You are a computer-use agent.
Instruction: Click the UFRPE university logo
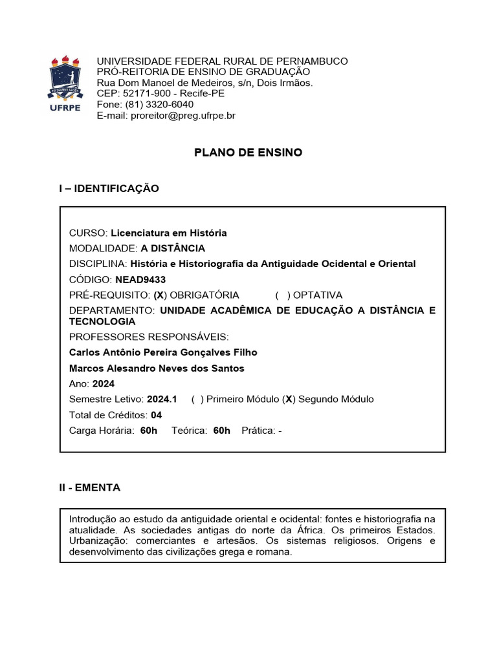65,83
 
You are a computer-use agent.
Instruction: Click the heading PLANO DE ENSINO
248,153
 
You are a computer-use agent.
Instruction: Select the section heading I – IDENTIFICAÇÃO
109,188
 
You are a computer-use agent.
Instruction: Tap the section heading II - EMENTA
90,487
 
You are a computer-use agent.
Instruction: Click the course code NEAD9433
140,279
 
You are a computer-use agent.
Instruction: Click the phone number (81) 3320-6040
155,105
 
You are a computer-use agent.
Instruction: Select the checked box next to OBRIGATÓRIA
160,295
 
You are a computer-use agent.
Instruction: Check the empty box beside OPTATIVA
282,295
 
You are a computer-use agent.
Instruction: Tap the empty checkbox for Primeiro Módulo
197,399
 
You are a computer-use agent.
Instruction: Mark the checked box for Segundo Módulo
289,399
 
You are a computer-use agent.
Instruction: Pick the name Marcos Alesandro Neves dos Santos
157,368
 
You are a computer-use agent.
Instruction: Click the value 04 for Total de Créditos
156,414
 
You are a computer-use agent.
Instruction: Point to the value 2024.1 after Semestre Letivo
162,399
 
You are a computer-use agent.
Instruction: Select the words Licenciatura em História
169,233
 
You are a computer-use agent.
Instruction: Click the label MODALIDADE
103,248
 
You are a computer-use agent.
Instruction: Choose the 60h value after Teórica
221,430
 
